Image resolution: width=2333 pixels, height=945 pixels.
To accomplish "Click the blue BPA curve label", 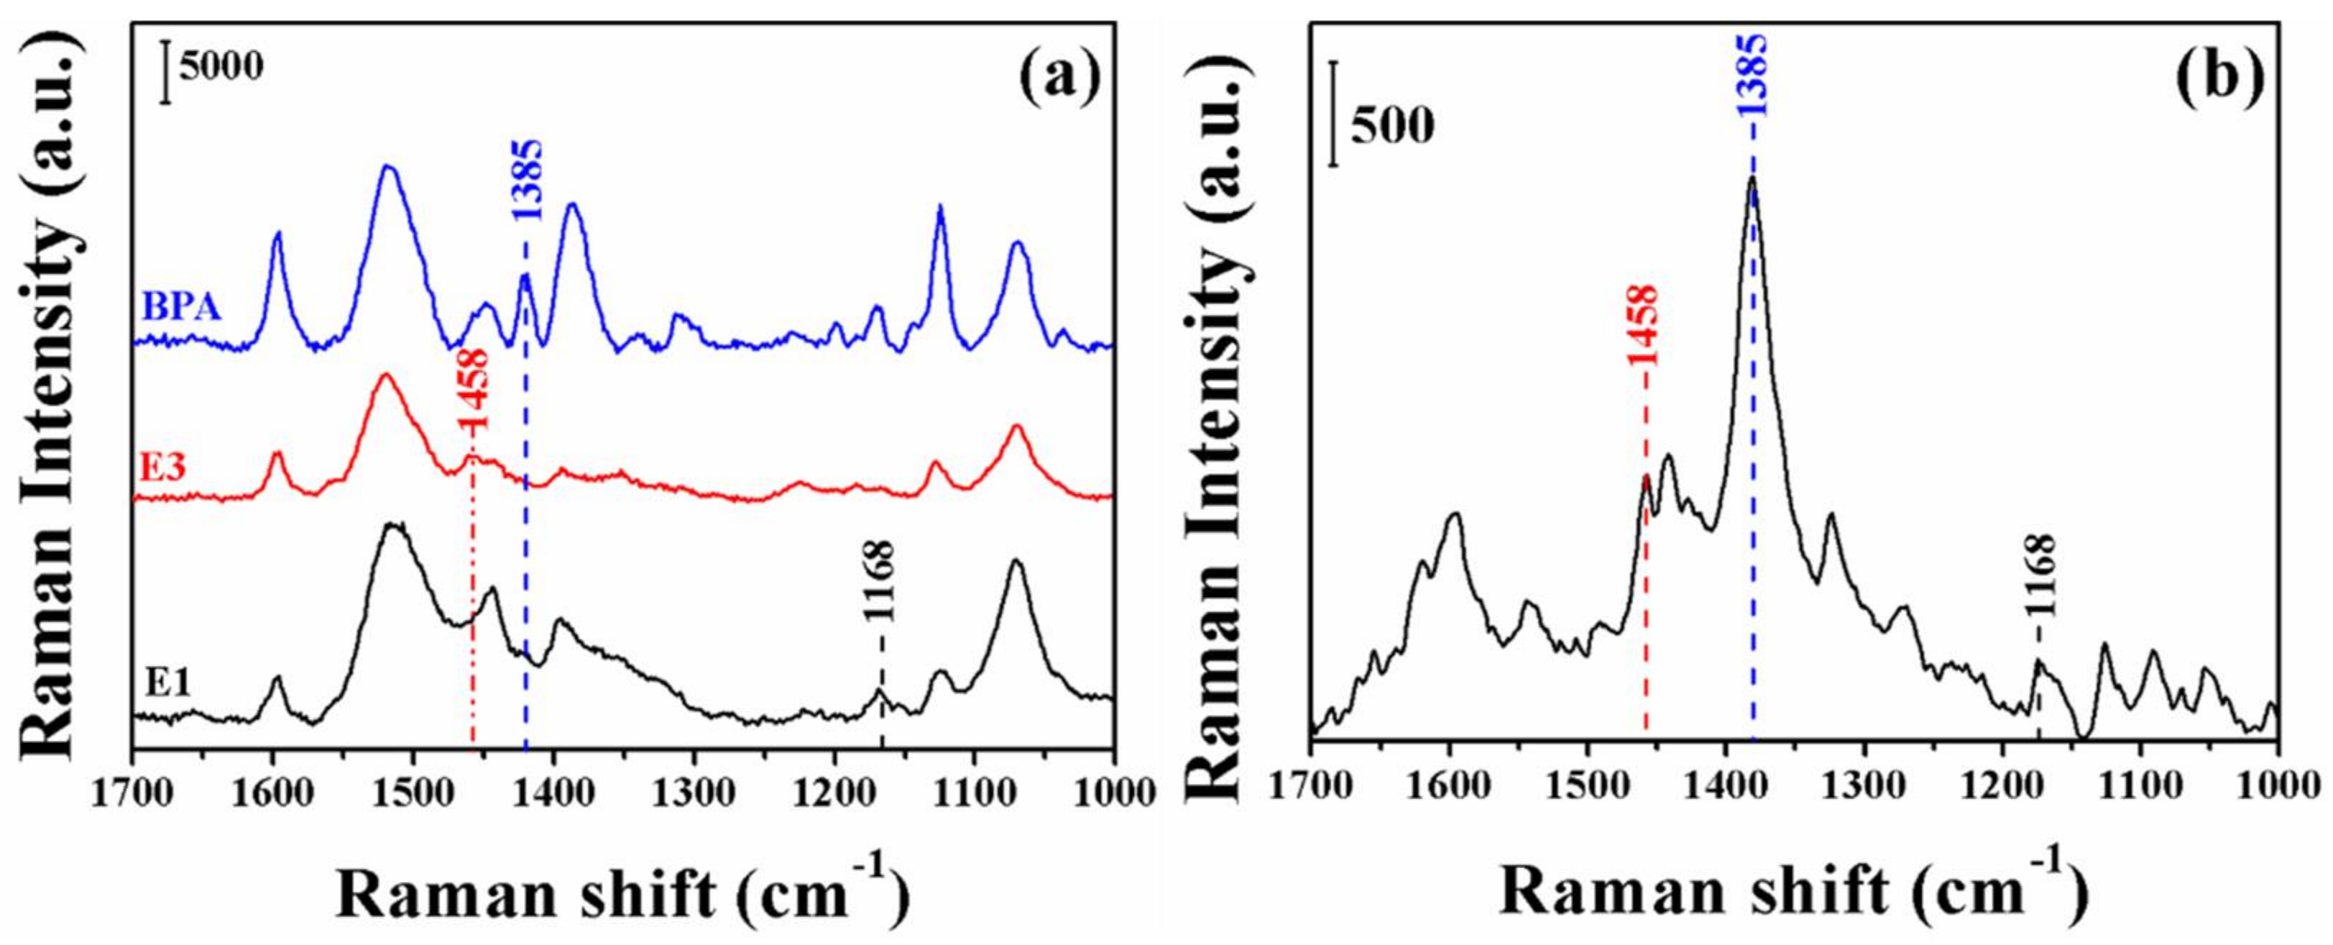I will point(182,308).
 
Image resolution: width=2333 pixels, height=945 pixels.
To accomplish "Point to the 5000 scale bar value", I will point(221,66).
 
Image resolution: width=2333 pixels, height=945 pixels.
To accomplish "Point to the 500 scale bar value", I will point(1393,126).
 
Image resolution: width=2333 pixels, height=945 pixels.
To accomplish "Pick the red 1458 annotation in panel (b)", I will point(1643,324).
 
